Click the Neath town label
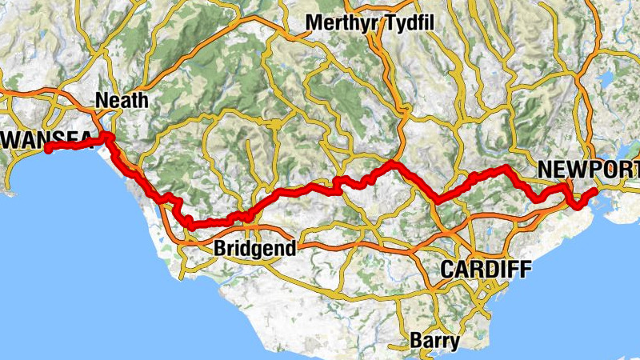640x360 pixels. (x=122, y=100)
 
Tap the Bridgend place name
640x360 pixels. (x=254, y=249)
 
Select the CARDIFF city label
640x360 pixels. (x=486, y=270)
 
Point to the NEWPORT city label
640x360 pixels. (x=589, y=170)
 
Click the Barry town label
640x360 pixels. (x=434, y=341)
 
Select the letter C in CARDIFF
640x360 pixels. (x=449, y=270)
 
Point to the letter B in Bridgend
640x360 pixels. (x=220, y=249)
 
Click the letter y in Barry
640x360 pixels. (x=454, y=342)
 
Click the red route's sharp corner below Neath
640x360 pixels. (x=106, y=139)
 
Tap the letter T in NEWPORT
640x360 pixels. (x=634, y=170)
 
